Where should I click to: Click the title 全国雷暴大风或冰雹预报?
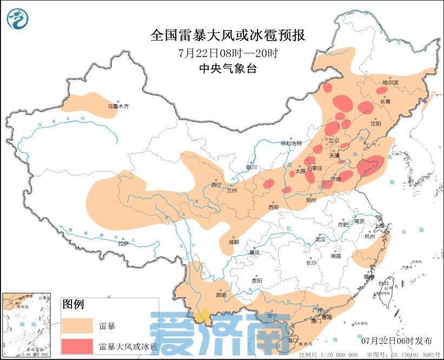tap(227, 36)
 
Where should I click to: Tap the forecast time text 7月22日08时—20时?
tap(227, 54)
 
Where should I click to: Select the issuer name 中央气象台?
tap(227, 69)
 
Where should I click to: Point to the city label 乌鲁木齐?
tap(118, 107)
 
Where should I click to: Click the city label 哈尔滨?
tap(390, 83)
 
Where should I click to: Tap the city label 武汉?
tap(321, 239)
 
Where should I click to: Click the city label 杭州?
tap(370, 236)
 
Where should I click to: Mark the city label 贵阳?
tap(257, 280)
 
